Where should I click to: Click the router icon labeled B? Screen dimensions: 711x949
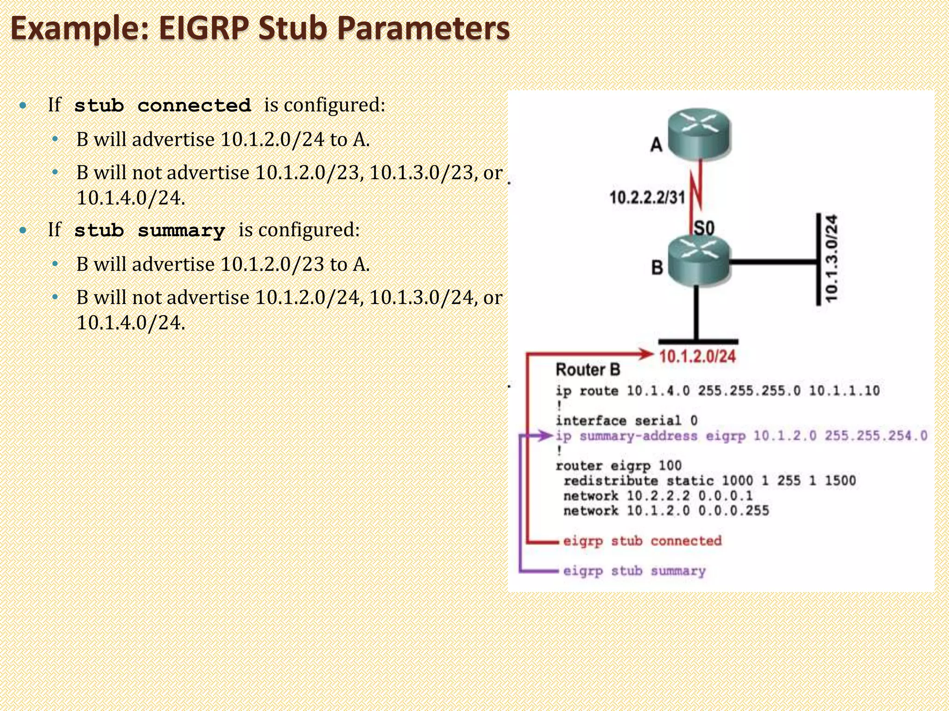(699, 260)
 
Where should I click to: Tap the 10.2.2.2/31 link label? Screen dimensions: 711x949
(647, 198)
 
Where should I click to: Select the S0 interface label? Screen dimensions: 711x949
(704, 228)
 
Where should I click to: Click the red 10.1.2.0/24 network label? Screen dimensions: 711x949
(697, 356)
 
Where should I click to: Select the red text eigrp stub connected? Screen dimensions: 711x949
(642, 541)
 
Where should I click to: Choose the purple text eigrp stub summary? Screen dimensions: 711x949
(634, 571)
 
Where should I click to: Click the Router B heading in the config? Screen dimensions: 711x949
(588, 370)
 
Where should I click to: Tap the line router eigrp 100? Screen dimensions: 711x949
(619, 465)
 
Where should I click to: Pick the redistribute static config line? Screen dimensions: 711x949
(709, 480)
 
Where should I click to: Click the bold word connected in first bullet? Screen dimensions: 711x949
(194, 106)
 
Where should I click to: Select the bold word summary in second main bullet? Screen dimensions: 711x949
(181, 231)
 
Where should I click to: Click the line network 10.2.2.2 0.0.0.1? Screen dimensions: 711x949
(658, 496)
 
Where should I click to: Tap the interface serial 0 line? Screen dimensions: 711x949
(626, 420)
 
